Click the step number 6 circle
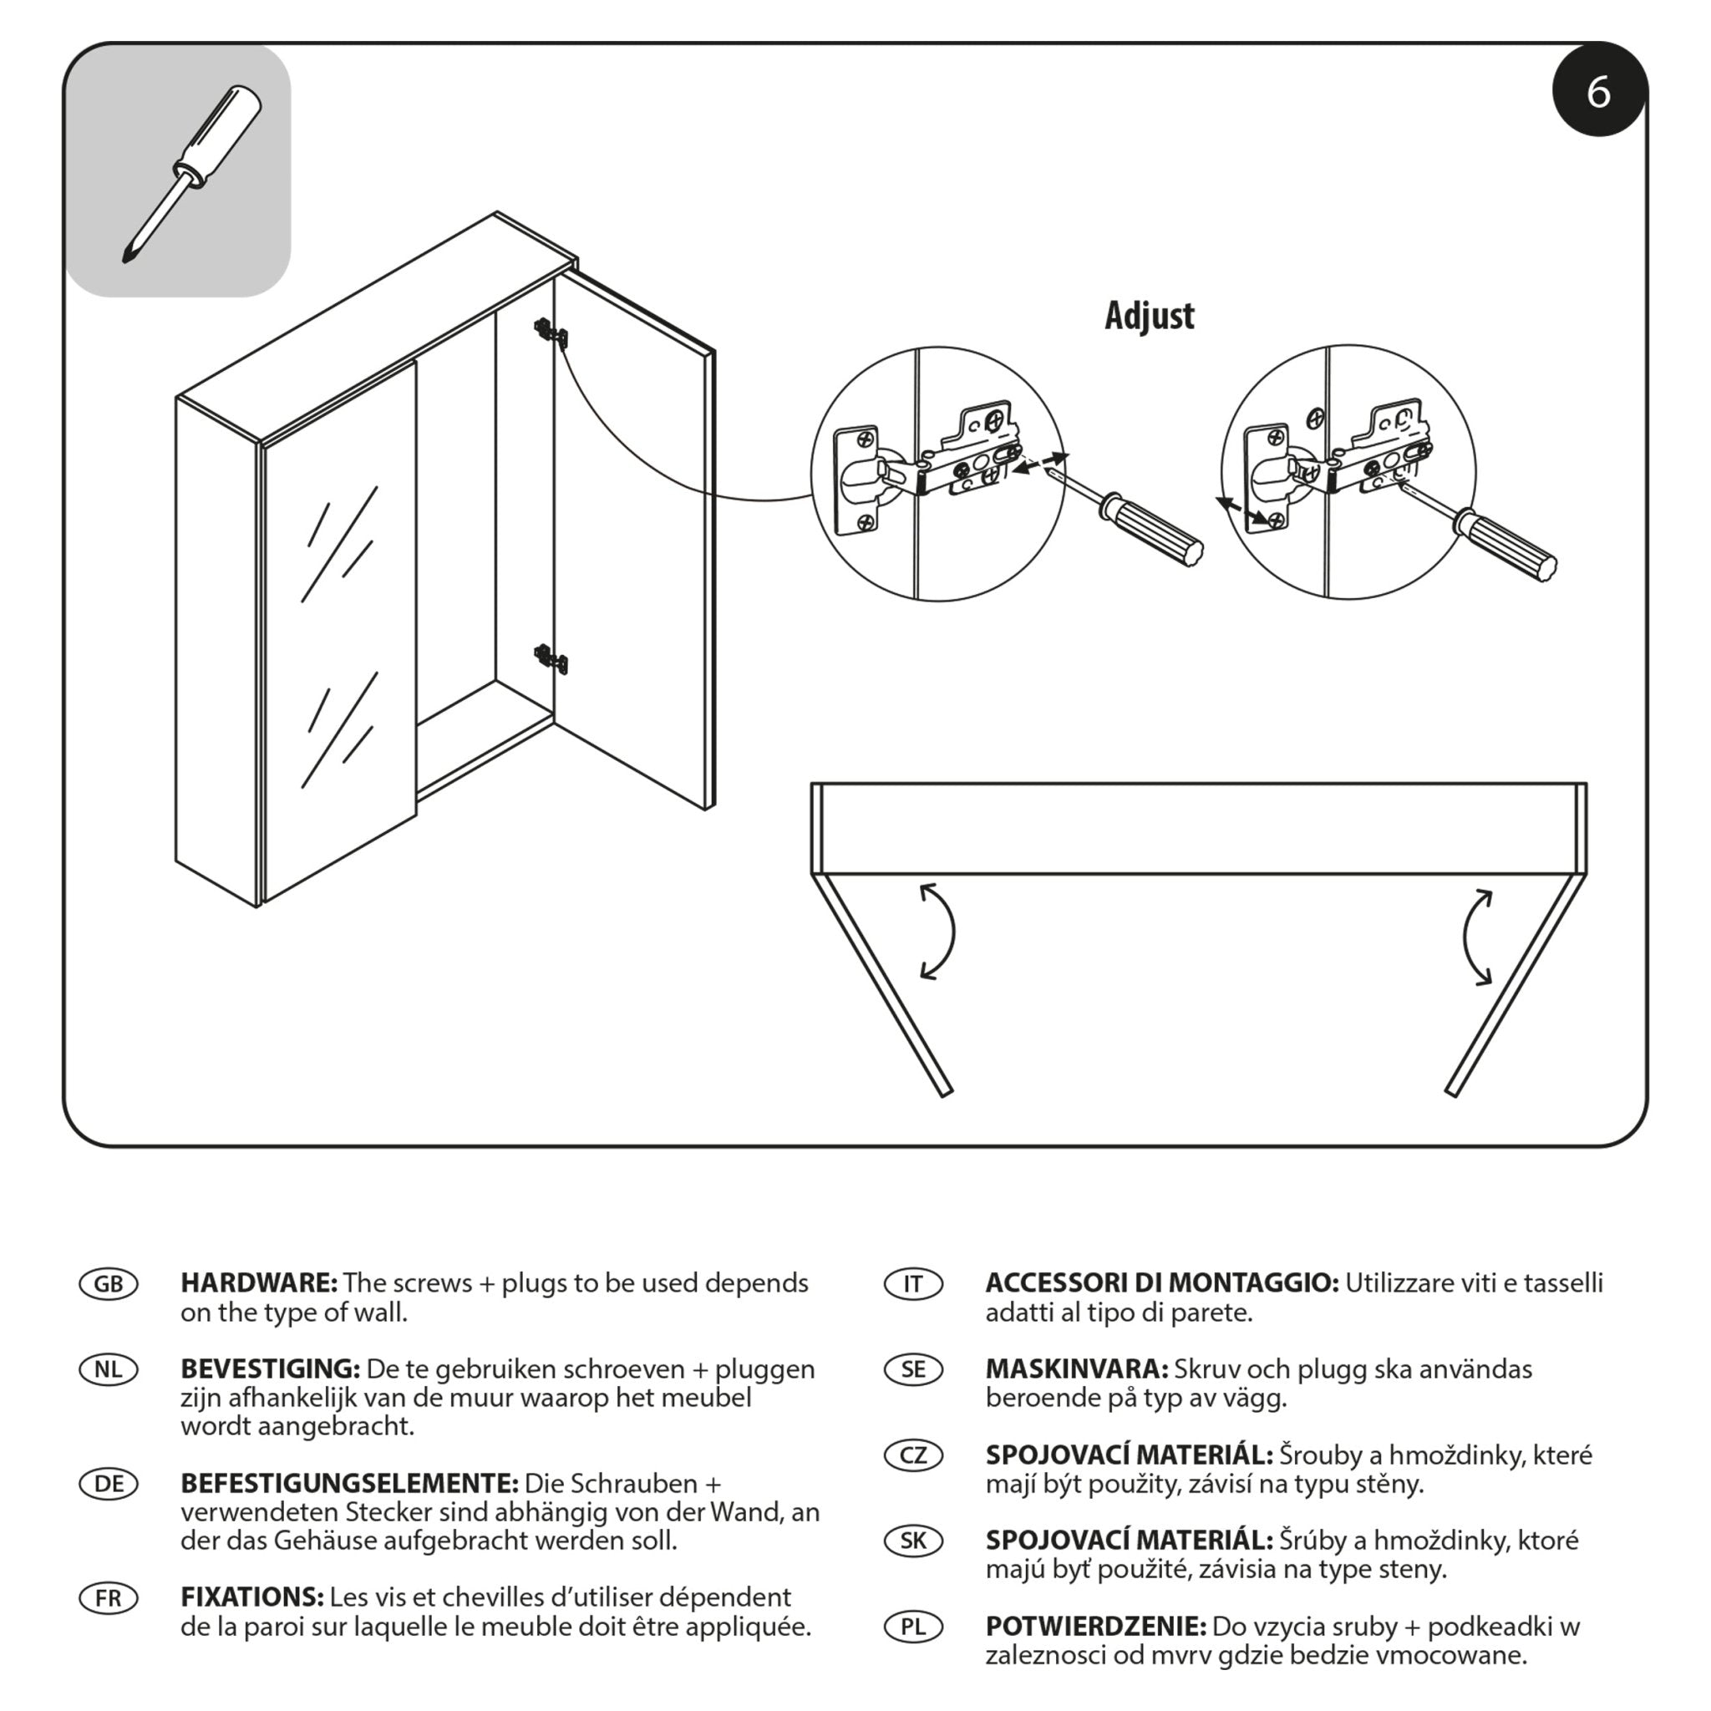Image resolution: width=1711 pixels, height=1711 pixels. (x=1598, y=91)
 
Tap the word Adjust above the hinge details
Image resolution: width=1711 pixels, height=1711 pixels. (x=1149, y=316)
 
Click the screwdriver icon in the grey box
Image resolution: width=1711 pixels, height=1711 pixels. (x=191, y=174)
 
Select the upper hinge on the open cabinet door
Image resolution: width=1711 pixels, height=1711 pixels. (x=551, y=335)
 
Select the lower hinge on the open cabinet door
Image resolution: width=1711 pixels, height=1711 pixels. (x=551, y=659)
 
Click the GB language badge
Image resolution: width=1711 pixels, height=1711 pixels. (x=108, y=1284)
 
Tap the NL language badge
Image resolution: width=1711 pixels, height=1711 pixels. (x=108, y=1369)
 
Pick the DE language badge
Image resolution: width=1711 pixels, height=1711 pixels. (x=108, y=1484)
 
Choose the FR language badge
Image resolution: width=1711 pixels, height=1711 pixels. (x=108, y=1598)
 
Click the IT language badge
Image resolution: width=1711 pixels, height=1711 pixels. (x=913, y=1284)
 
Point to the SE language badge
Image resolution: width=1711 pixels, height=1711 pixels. (x=913, y=1369)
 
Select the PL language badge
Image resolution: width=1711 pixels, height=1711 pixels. (x=913, y=1627)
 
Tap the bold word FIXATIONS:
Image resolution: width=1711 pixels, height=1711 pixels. (x=251, y=1597)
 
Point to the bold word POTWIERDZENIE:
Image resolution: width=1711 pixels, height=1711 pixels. (x=1095, y=1627)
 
